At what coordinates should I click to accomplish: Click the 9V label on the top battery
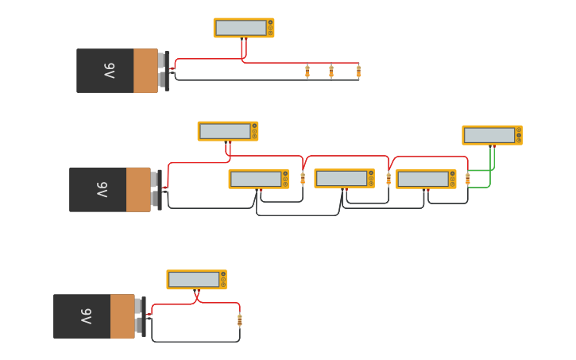[109, 71]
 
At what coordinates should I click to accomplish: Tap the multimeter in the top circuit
[244, 28]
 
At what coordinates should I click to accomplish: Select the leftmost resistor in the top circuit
[307, 72]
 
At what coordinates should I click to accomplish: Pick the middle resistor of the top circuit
[331, 72]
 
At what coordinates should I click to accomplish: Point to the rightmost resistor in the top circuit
[358, 72]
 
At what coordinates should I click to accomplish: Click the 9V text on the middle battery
[102, 189]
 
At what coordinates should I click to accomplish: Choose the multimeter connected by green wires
[492, 135]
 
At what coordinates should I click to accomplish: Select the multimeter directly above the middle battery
[228, 131]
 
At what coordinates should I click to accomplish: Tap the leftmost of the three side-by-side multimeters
[258, 179]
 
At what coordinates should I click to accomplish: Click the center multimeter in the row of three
[344, 178]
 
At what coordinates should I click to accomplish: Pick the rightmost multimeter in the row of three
[426, 179]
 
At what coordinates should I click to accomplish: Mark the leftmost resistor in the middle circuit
[303, 179]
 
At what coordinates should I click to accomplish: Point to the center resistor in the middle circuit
[389, 179]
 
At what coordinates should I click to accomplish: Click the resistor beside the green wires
[468, 179]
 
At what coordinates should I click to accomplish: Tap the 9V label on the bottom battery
[86, 316]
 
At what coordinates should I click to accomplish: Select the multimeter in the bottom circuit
[196, 280]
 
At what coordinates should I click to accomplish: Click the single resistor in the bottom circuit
[239, 320]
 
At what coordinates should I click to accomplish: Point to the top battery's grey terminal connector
[163, 71]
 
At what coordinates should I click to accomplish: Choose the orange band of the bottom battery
[122, 316]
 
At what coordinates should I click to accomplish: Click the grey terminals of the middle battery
[156, 189]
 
